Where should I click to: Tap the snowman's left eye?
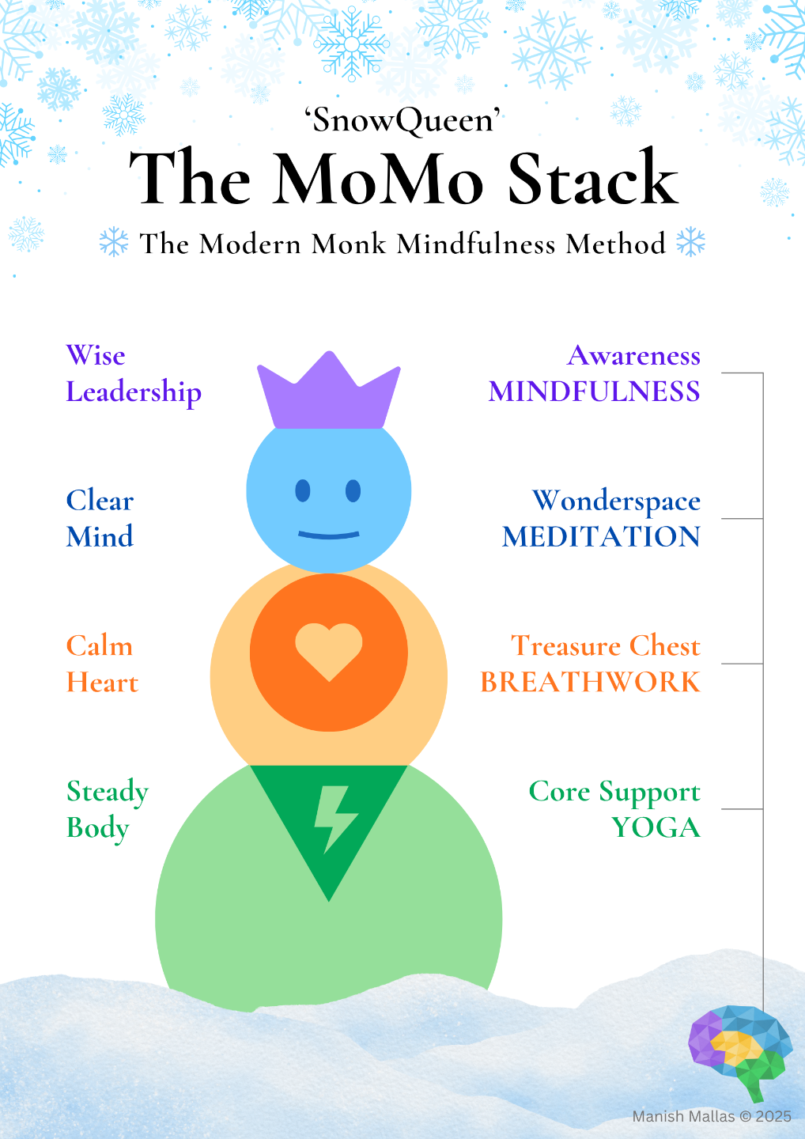(x=303, y=491)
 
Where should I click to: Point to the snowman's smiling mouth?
(x=328, y=535)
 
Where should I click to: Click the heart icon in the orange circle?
(x=328, y=651)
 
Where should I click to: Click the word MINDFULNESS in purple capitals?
(x=594, y=392)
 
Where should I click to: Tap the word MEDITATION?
(x=601, y=537)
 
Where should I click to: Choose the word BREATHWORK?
(x=590, y=682)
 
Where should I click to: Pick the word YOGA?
(x=656, y=827)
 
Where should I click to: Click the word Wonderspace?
(x=616, y=501)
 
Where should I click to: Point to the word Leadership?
(x=134, y=392)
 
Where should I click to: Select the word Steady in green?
(x=108, y=792)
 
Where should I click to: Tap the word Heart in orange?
(x=102, y=683)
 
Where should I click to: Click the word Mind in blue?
(x=100, y=537)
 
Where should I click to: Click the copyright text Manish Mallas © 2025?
(x=711, y=1116)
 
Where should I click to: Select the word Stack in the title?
(x=592, y=180)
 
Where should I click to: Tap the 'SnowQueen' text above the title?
(x=402, y=121)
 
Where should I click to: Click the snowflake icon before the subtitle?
(x=114, y=242)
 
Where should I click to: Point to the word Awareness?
(x=633, y=356)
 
